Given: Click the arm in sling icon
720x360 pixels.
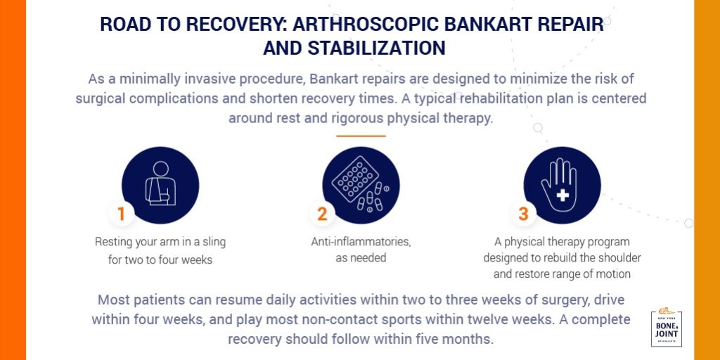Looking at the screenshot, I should (x=160, y=185).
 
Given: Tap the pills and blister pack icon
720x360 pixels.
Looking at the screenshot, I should (x=361, y=185).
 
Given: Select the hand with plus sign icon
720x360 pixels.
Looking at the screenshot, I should (x=562, y=185).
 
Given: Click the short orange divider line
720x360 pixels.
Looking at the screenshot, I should (x=361, y=136).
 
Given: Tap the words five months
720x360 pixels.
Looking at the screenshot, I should (x=457, y=338).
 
